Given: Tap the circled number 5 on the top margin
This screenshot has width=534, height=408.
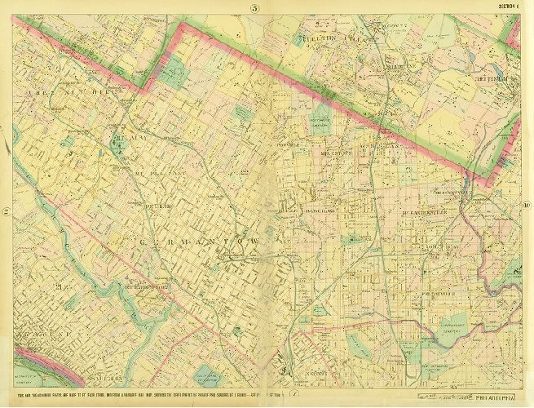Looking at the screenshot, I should [x=254, y=8].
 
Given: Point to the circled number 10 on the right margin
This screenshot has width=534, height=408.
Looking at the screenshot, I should [x=527, y=205].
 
